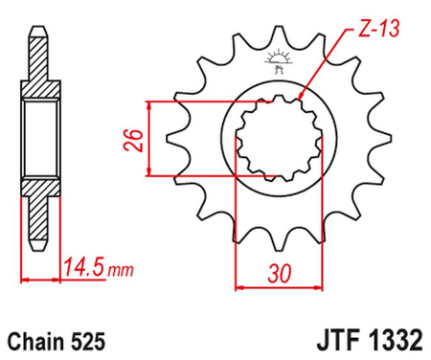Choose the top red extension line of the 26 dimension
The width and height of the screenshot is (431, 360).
coord(192,99)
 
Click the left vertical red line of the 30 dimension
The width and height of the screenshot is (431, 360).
coord(237,220)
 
